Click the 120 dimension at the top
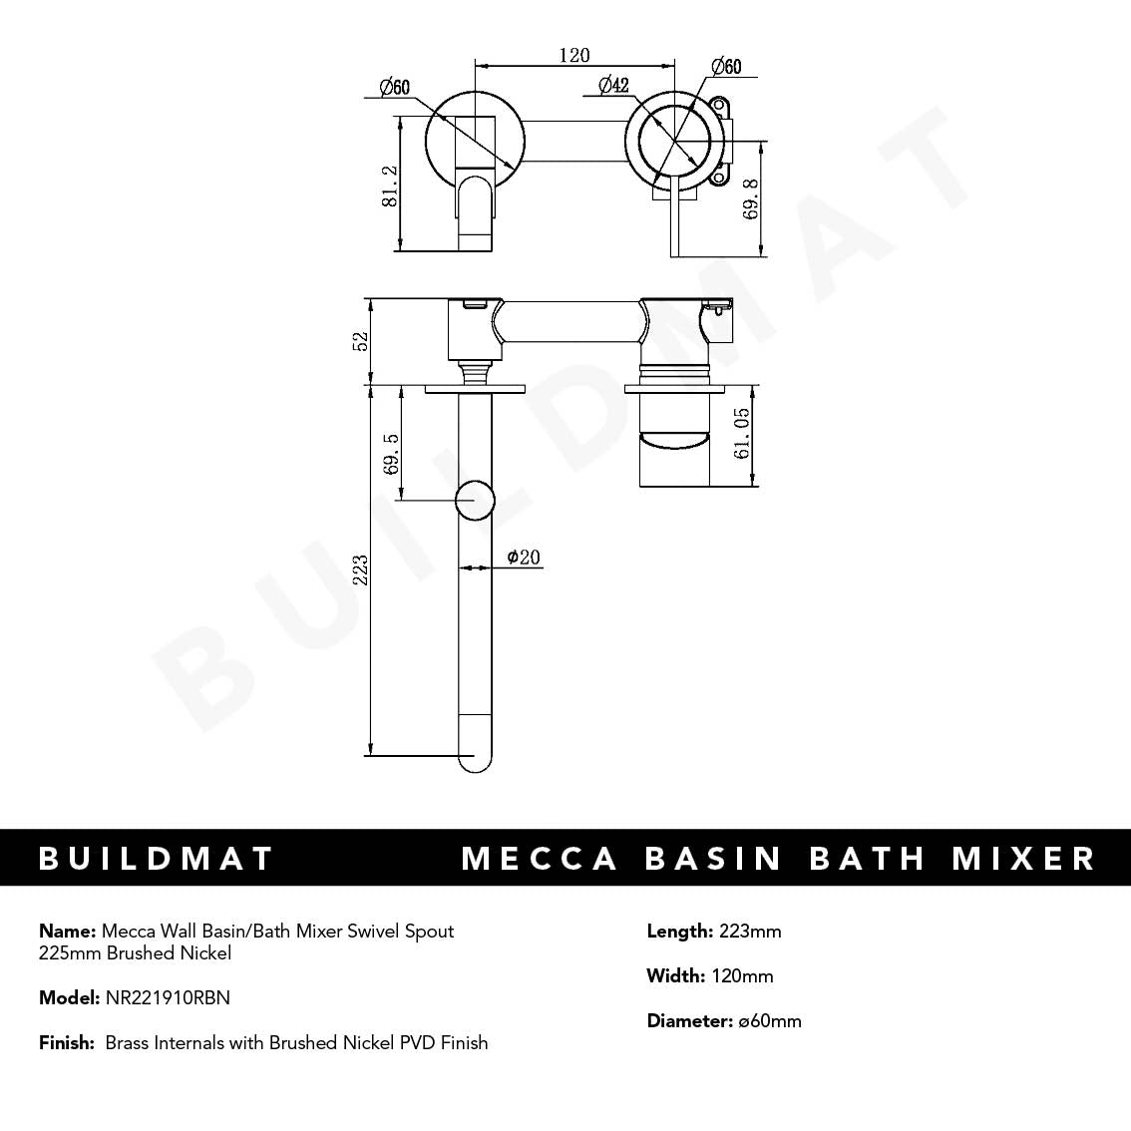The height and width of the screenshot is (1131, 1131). pyautogui.click(x=574, y=56)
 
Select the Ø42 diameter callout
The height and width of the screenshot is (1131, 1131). pyautogui.click(x=613, y=86)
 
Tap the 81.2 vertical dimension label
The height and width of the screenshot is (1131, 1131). pyautogui.click(x=391, y=187)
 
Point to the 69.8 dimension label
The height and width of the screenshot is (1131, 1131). pyautogui.click(x=751, y=198)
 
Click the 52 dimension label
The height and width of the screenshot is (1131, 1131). pyautogui.click(x=361, y=340)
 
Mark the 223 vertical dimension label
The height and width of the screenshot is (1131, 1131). pyautogui.click(x=361, y=570)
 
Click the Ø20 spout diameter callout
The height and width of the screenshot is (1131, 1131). pyautogui.click(x=524, y=557)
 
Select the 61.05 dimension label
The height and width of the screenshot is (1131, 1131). pyautogui.click(x=742, y=434)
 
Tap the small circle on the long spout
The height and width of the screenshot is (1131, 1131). pyautogui.click(x=475, y=501)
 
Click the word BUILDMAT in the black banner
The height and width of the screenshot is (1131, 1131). pyautogui.click(x=157, y=858)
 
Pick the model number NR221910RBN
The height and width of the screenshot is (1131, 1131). pyautogui.click(x=168, y=997)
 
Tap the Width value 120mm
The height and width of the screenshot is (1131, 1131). pyautogui.click(x=742, y=976)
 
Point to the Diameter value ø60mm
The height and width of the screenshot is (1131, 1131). pyautogui.click(x=770, y=1021)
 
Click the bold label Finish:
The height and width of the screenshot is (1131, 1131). pyautogui.click(x=67, y=1043)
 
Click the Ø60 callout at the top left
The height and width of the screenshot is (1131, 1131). pyautogui.click(x=395, y=89)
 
